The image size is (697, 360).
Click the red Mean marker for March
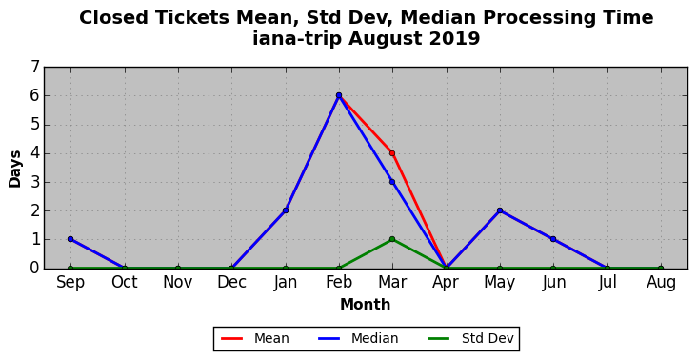click(x=392, y=153)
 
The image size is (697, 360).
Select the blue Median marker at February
click(x=339, y=95)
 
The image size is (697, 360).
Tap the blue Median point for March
click(x=392, y=182)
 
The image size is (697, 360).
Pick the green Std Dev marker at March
click(x=392, y=239)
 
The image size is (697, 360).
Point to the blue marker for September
click(x=70, y=239)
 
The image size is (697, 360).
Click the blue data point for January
click(x=286, y=210)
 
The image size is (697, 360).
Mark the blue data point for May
click(x=500, y=210)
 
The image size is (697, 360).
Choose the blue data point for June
click(x=553, y=239)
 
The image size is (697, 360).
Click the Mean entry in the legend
click(x=255, y=339)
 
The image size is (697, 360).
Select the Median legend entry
click(x=358, y=339)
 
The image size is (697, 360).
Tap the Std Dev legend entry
click(x=470, y=339)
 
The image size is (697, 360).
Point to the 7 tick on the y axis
click(x=35, y=67)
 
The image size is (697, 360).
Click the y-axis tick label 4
click(x=35, y=153)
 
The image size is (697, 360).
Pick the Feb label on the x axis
click(x=339, y=282)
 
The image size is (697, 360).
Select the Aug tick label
click(x=661, y=283)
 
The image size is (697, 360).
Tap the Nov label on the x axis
click(x=178, y=282)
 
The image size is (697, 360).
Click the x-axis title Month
click(x=366, y=305)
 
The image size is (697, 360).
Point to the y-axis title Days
click(x=15, y=169)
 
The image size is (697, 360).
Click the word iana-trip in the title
click(x=298, y=38)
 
